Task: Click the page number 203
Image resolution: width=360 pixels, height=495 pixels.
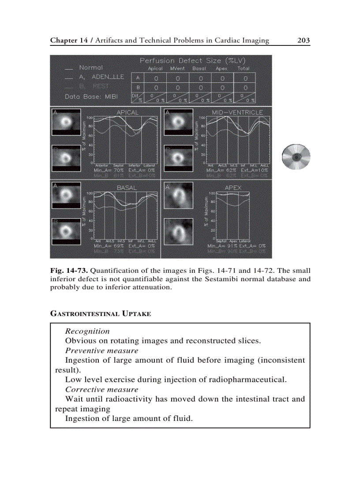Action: [304, 41]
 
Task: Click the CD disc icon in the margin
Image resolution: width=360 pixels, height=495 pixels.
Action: [296, 156]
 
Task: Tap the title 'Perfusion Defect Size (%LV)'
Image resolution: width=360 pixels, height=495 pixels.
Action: [193, 60]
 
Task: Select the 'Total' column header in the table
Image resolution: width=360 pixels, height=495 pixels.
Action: [244, 69]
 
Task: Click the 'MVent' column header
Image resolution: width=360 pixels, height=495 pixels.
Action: [177, 69]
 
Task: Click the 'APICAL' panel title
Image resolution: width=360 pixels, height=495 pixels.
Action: [127, 112]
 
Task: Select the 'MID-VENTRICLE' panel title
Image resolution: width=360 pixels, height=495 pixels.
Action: [237, 112]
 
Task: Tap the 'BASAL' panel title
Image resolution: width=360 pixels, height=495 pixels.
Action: [127, 187]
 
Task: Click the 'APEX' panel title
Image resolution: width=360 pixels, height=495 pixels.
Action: [233, 187]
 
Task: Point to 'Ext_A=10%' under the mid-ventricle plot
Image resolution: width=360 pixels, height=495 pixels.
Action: [254, 170]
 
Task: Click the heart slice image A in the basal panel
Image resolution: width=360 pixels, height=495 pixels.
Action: [66, 197]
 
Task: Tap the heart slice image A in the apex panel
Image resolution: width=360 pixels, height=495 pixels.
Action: [178, 197]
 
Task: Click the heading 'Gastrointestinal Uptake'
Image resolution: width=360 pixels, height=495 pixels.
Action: [101, 314]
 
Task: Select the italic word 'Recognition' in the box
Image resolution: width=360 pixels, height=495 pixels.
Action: [87, 331]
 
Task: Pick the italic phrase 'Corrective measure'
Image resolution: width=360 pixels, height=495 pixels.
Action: [101, 389]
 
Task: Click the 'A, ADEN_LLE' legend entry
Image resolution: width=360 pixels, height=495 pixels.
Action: [101, 77]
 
